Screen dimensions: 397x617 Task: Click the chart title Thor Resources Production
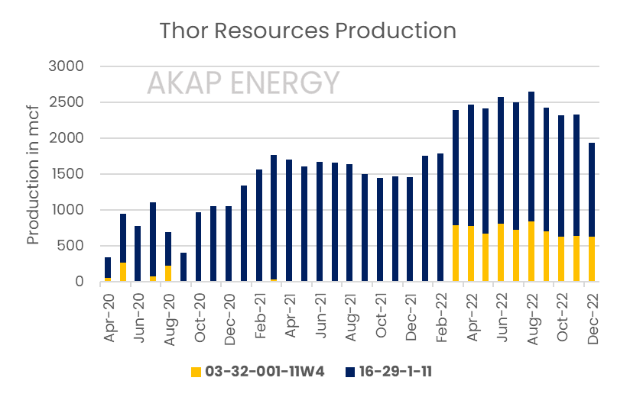pos(307,31)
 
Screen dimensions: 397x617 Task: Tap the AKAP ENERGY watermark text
pos(243,82)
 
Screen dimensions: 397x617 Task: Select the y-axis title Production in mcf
pos(33,174)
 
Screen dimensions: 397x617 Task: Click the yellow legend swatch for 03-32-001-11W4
pos(196,372)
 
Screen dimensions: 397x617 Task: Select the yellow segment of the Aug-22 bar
pos(531,252)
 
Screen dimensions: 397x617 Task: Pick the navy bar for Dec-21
pos(411,229)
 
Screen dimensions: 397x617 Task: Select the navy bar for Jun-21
pos(320,221)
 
